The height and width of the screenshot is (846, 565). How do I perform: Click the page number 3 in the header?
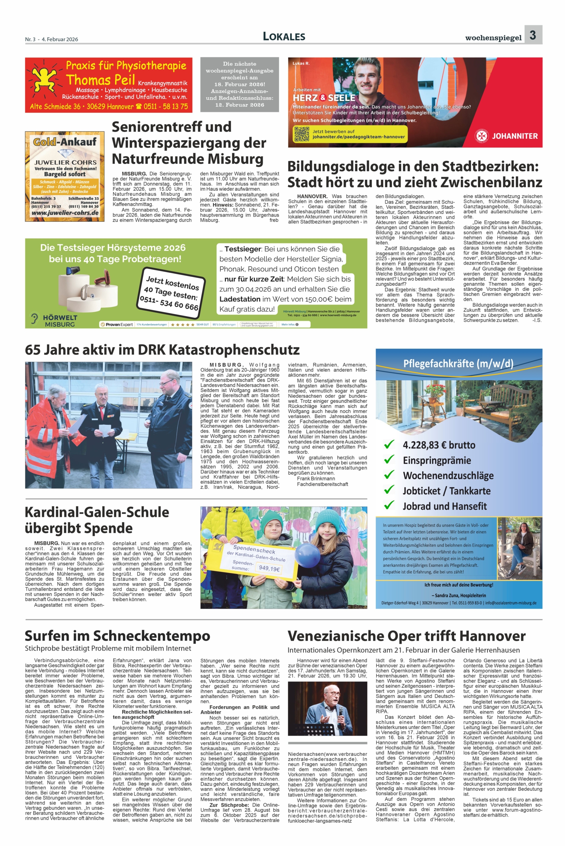[533, 35]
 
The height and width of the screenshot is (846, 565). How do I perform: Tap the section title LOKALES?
[284, 36]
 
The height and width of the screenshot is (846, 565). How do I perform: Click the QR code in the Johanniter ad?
[302, 134]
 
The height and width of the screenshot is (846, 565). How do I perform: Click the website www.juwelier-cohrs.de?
[65, 213]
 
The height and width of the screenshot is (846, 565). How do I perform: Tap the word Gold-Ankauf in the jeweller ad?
[65, 141]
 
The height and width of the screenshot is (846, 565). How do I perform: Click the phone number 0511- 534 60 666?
[169, 301]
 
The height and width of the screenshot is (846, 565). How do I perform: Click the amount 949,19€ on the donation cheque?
[269, 568]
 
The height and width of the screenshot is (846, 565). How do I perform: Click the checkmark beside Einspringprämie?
[389, 460]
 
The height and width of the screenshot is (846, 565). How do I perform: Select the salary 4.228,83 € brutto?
[439, 445]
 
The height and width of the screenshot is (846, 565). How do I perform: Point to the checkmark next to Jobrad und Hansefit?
[389, 505]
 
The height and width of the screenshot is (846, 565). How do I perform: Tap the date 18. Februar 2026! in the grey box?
[239, 84]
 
